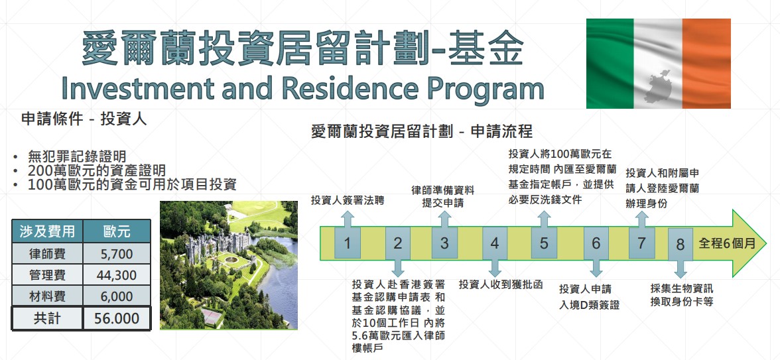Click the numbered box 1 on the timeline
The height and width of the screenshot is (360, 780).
348,243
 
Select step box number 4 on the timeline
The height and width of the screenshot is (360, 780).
495,243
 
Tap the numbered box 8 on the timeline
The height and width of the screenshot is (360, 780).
681,244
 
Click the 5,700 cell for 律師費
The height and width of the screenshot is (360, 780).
117,254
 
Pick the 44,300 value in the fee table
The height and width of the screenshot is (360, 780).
117,276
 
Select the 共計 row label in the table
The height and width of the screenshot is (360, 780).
47,318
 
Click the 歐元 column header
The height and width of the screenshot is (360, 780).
117,231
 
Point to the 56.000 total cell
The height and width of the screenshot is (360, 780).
117,318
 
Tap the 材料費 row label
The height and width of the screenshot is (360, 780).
47,297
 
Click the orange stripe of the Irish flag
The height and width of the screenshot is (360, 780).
706,63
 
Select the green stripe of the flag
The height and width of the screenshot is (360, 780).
610,63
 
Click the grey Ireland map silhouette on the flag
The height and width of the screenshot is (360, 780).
662,86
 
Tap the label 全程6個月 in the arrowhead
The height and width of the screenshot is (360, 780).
727,243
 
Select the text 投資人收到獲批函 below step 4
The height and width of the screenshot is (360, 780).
500,284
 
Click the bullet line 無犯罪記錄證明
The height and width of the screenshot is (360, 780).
77,156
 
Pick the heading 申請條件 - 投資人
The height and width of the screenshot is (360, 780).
84,119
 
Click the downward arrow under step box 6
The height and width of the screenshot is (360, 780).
596,268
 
